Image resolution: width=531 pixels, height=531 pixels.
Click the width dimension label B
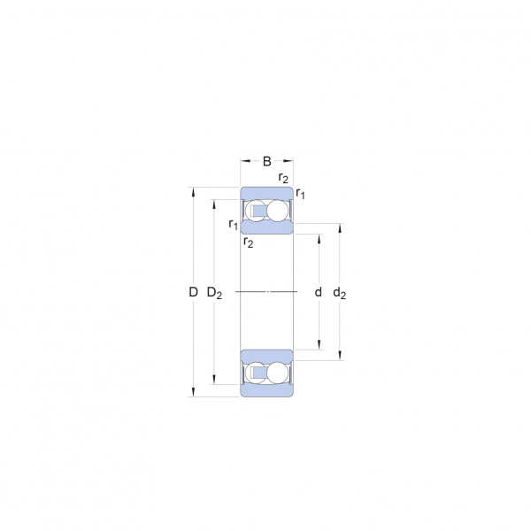pos(267,161)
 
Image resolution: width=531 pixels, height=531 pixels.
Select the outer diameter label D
pos(193,291)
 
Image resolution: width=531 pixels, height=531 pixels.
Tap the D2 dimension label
pos(214,293)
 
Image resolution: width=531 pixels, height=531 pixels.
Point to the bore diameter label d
pos(318,291)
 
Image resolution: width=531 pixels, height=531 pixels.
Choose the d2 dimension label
pos(339,293)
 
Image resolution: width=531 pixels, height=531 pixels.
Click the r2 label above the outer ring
pos(283,178)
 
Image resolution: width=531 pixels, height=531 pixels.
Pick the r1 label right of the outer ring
pos(300,193)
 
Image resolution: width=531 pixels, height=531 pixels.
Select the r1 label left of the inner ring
pos(234,224)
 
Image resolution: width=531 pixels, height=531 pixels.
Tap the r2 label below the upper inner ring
pos(248,242)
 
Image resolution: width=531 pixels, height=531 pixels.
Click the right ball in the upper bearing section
pos(277,211)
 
